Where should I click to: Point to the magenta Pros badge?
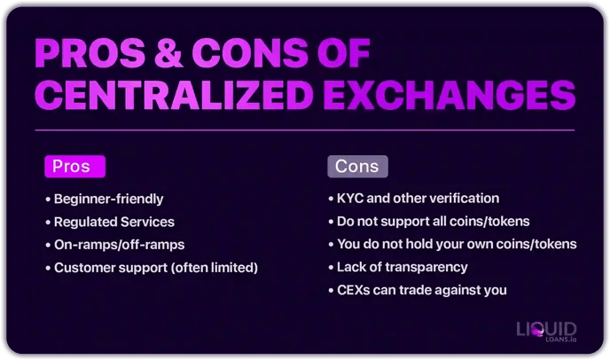click(x=74, y=166)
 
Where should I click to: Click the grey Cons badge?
click(x=357, y=166)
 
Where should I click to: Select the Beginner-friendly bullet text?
click(x=108, y=199)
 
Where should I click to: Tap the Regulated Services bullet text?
click(x=113, y=222)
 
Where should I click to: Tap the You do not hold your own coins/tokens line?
click(x=457, y=244)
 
